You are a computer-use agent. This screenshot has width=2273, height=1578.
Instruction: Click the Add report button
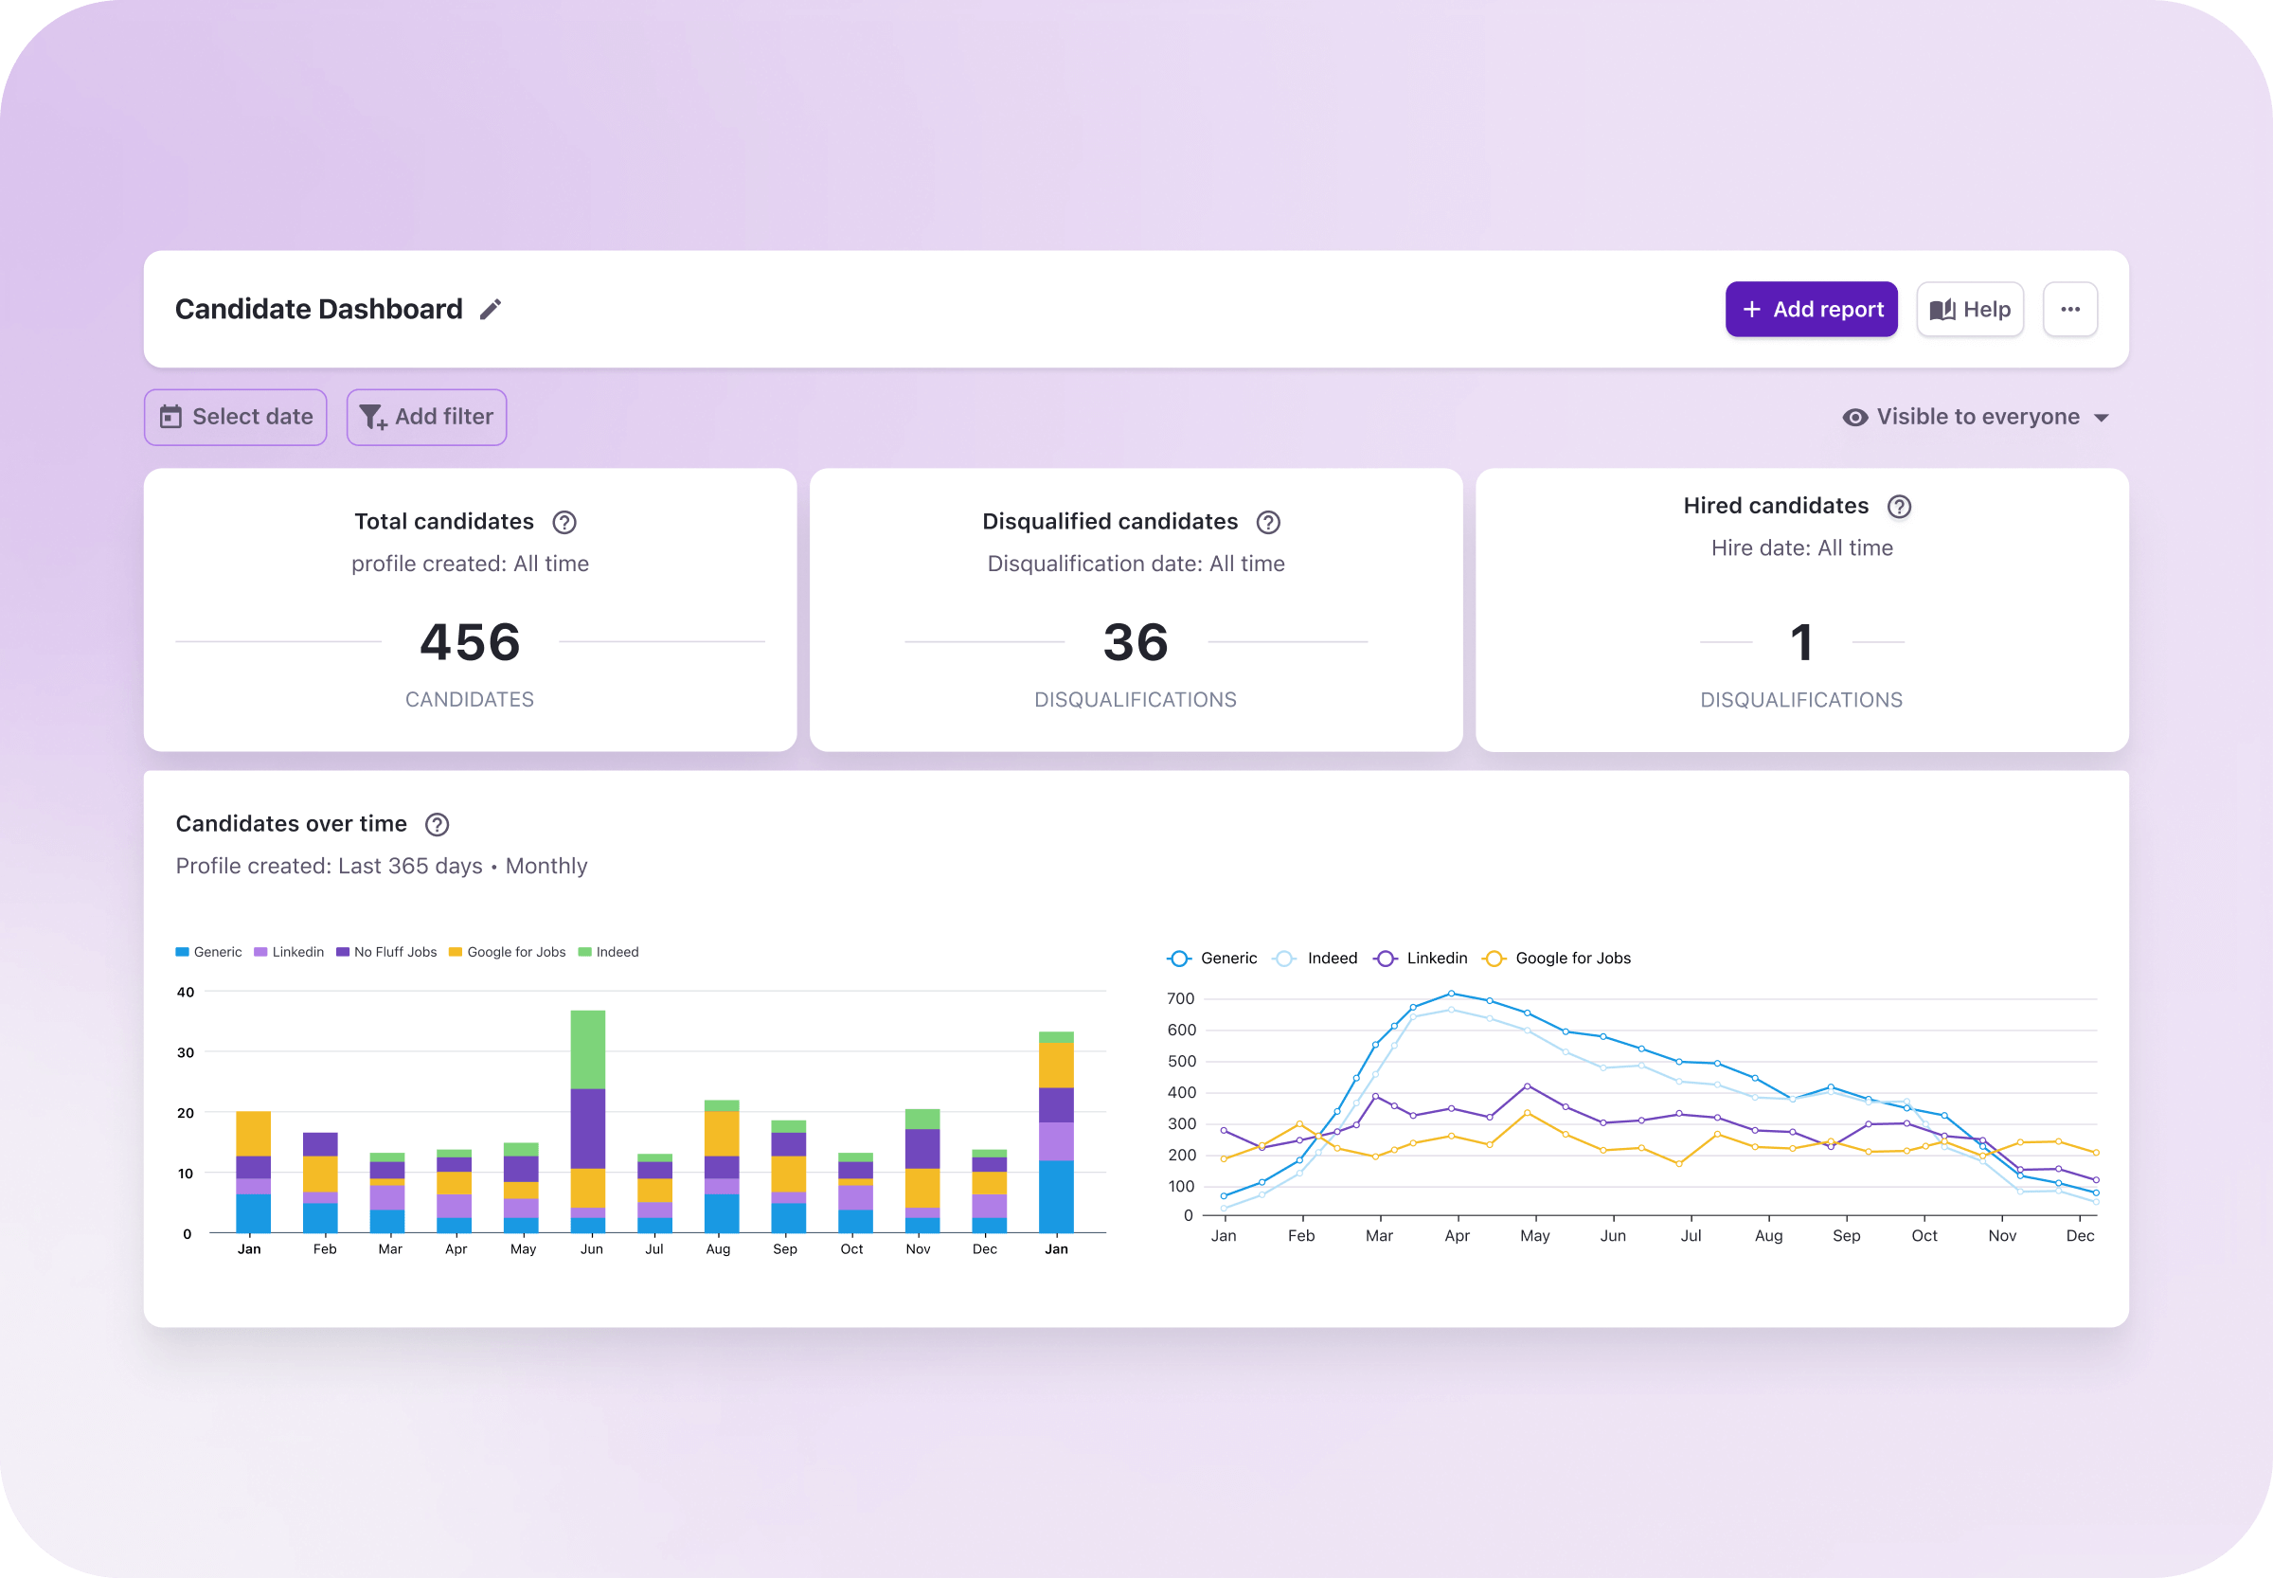point(1810,310)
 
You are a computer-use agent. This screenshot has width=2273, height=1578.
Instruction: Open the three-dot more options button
point(2069,310)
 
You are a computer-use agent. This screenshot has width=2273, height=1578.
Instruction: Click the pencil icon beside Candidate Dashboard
point(491,310)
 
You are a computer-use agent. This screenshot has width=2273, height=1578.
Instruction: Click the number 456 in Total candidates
point(470,643)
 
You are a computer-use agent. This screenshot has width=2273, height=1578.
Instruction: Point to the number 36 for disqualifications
point(1135,643)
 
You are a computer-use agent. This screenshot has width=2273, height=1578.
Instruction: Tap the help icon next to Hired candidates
point(1898,506)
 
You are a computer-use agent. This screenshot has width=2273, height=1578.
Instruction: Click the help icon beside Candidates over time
point(436,825)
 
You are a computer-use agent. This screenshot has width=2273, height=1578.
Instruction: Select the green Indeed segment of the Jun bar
point(587,1049)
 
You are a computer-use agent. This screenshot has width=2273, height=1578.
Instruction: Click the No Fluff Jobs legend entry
point(386,952)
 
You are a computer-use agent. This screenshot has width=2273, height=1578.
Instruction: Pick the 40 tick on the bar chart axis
point(185,992)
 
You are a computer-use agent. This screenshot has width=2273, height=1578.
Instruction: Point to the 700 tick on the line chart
point(1180,998)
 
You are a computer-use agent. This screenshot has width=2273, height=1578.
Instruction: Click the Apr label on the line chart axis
point(1457,1236)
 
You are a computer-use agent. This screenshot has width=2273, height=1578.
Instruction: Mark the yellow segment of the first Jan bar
point(253,1133)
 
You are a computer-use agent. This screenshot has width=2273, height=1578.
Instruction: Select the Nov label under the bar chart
point(918,1249)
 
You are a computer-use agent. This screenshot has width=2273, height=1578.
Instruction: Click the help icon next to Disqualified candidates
point(1267,522)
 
